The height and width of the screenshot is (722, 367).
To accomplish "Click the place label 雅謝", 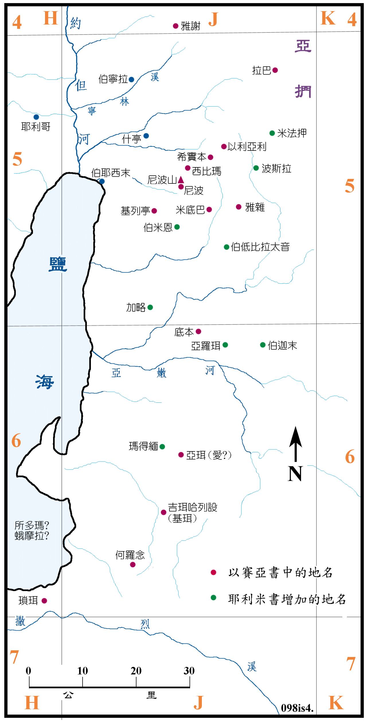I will pos(190,26).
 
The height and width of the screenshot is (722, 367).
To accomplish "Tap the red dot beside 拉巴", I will pos(275,70).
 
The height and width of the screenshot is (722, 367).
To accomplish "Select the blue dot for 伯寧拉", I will pos(131,79).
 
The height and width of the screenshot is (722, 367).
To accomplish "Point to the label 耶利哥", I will pos(36,126).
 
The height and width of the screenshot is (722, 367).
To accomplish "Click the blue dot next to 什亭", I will pos(146,136).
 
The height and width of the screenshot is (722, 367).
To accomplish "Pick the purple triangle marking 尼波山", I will pos(181,180).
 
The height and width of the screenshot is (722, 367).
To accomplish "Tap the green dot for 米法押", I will pos(272,133).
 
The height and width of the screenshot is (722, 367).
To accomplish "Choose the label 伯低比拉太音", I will pos(260,247).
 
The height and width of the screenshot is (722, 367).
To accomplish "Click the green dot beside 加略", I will pos(150,307).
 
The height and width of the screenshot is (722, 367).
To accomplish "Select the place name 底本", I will pos(184,332).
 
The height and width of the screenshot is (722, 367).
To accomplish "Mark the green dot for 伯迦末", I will pos(263,345).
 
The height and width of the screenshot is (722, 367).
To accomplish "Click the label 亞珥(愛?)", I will pos(208,455).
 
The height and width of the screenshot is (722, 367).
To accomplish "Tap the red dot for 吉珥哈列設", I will pos(163,512).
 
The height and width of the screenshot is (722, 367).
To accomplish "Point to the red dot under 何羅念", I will pos(133,564).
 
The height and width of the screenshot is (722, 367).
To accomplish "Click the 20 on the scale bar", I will pos(136,670).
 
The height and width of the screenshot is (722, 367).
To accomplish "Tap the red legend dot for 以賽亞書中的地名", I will pos(213,572).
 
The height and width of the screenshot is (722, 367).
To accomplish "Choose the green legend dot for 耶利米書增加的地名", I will pos(213,598).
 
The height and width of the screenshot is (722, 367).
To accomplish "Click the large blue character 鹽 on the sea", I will pos(58,264).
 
